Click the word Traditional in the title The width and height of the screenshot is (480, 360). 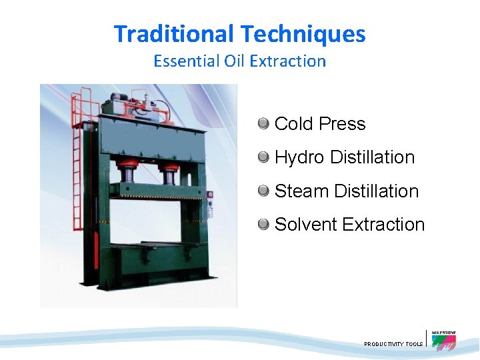coord(174,33)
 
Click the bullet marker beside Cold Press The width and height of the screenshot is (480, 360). coord(264,123)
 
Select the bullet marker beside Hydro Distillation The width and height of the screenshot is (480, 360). coord(264,157)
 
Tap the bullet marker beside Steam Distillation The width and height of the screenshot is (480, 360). coord(264,191)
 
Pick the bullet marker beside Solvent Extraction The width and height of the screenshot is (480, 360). coord(264,224)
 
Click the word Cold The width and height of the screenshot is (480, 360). coord(294,124)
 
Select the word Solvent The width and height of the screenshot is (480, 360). coord(305,225)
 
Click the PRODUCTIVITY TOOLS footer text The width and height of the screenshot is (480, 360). coord(393,344)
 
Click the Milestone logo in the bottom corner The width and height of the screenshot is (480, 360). coord(444,340)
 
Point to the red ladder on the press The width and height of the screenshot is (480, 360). coord(79,153)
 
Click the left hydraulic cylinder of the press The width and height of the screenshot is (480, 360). coord(126,174)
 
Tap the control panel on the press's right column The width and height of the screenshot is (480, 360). coord(211,203)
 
